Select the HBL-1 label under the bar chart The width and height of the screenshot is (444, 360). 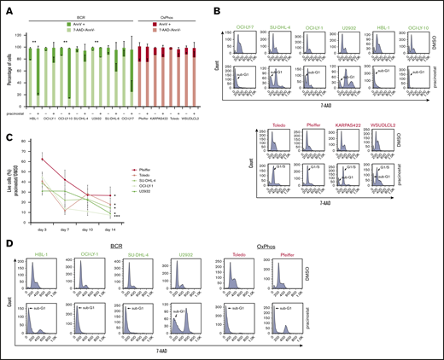(x=37, y=116)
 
